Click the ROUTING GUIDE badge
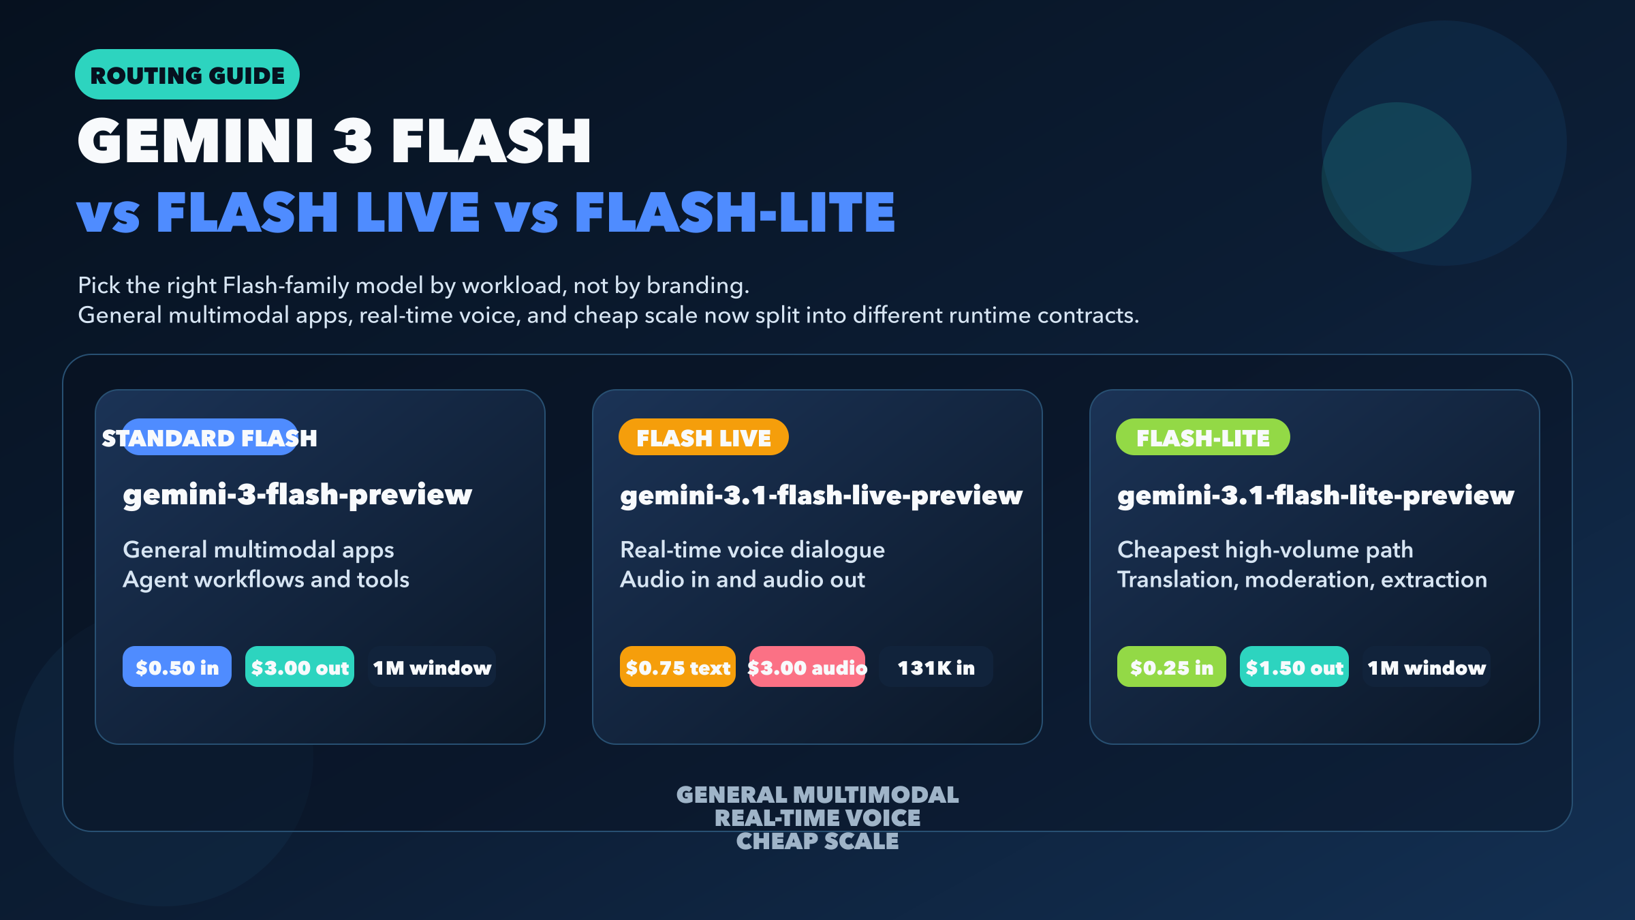(x=187, y=74)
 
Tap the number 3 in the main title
(x=352, y=140)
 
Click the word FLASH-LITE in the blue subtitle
(x=734, y=212)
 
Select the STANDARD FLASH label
(x=210, y=438)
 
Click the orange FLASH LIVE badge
(x=704, y=437)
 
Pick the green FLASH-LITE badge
(x=1203, y=437)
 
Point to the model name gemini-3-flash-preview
(x=297, y=495)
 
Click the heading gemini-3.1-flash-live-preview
(x=821, y=495)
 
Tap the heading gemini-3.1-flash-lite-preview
(x=1315, y=495)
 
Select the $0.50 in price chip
(x=177, y=666)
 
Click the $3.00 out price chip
(x=300, y=666)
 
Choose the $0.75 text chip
(x=678, y=666)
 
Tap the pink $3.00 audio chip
(x=807, y=666)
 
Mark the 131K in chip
(x=936, y=666)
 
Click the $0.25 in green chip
(x=1172, y=666)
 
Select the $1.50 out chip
(x=1294, y=666)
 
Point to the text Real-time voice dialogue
(x=752, y=550)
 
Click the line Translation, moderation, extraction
(x=1302, y=580)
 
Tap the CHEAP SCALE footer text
(x=817, y=841)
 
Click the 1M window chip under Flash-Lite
(x=1427, y=666)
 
